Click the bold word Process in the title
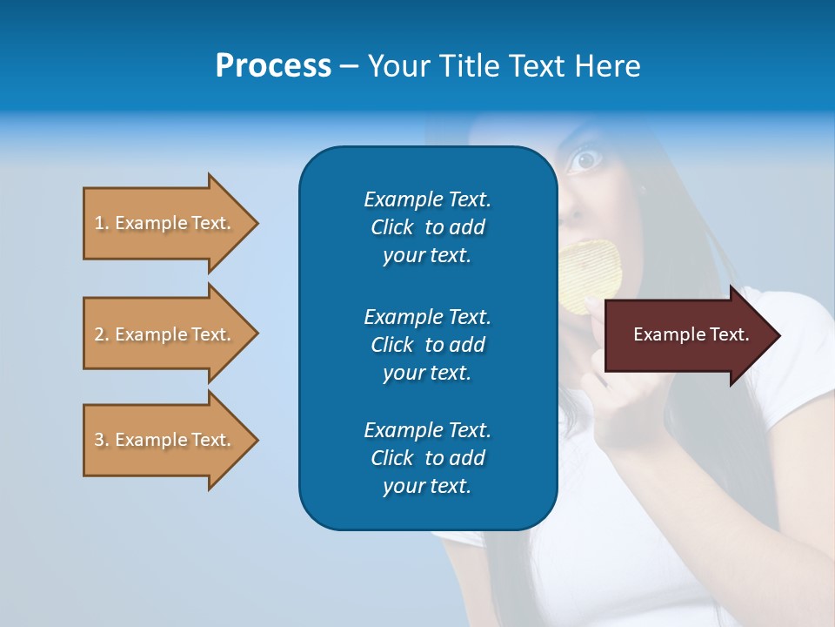click(x=273, y=66)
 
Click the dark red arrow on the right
click(x=687, y=335)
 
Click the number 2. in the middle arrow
click(x=101, y=334)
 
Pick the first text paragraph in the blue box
click(x=427, y=227)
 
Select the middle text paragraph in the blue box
click(x=427, y=345)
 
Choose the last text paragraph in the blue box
click(x=427, y=458)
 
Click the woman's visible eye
click(x=586, y=159)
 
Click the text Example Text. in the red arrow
click(x=691, y=334)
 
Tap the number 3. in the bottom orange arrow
click(x=101, y=440)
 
